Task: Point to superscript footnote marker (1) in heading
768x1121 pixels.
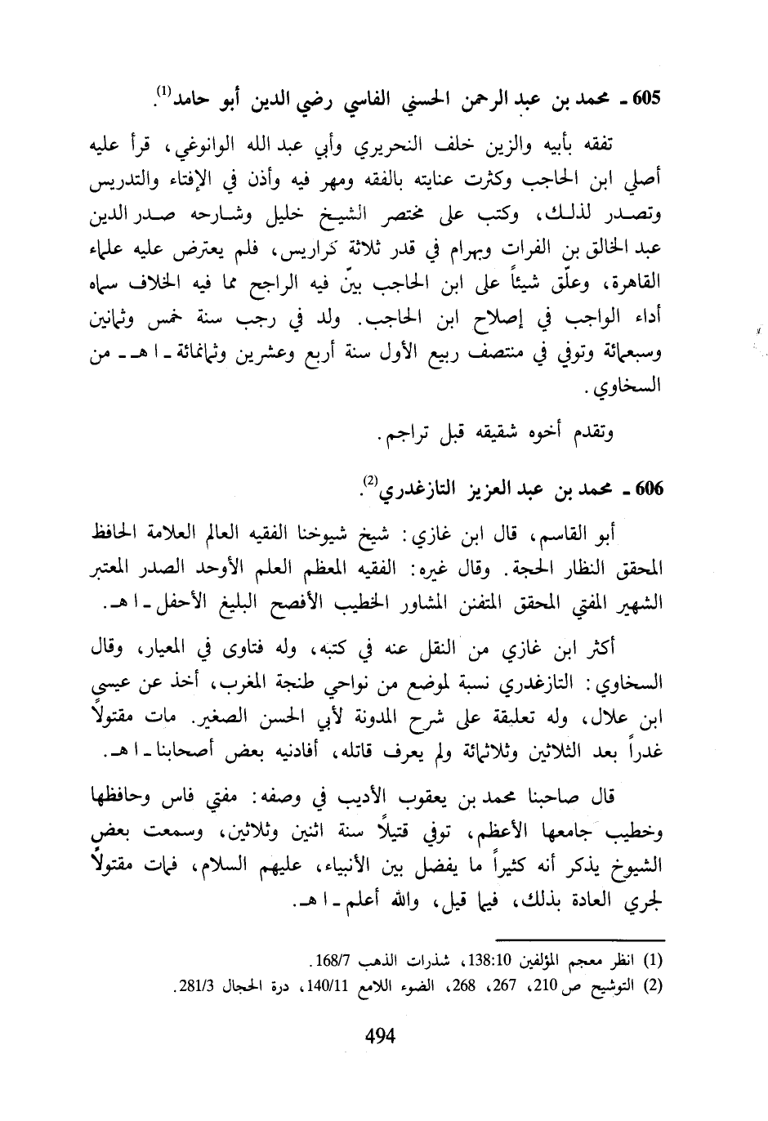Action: tap(164, 90)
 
